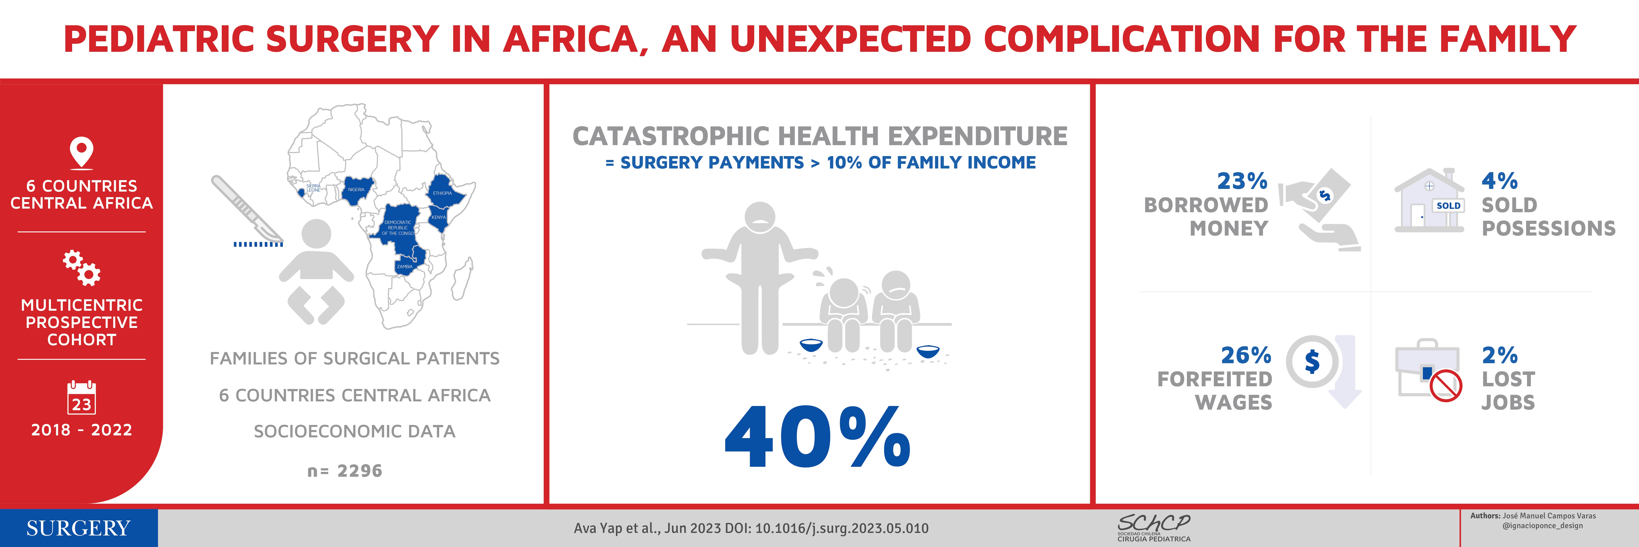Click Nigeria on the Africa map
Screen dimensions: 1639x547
pos(358,190)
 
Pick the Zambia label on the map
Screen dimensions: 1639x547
pos(405,267)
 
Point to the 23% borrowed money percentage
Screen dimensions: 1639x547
pos(1242,181)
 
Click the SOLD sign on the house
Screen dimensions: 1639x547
pos(1448,206)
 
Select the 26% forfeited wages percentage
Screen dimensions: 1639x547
pos(1246,355)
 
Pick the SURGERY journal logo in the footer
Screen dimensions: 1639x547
pos(78,528)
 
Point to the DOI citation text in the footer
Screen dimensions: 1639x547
pos(751,528)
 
